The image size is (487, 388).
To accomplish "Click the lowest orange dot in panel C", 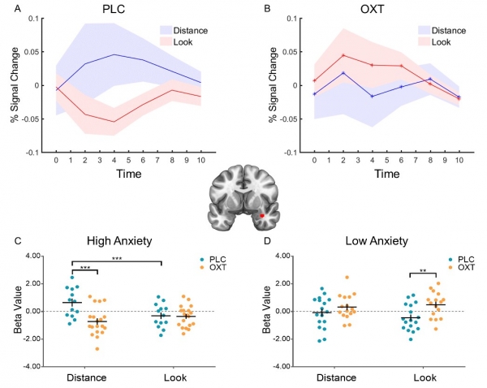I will tap(98, 348).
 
